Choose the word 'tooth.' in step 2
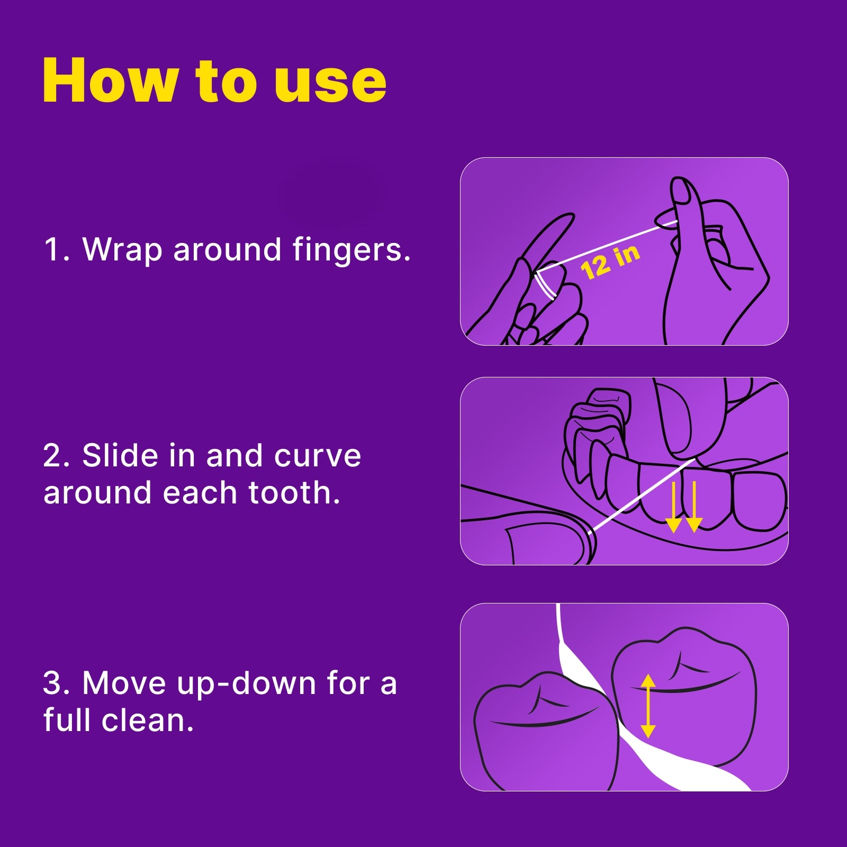[x=294, y=493]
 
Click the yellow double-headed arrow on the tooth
[x=648, y=706]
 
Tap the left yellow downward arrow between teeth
[x=673, y=507]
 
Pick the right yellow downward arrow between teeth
[x=693, y=507]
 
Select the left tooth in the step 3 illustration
[x=545, y=731]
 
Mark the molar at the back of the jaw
[x=598, y=418]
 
